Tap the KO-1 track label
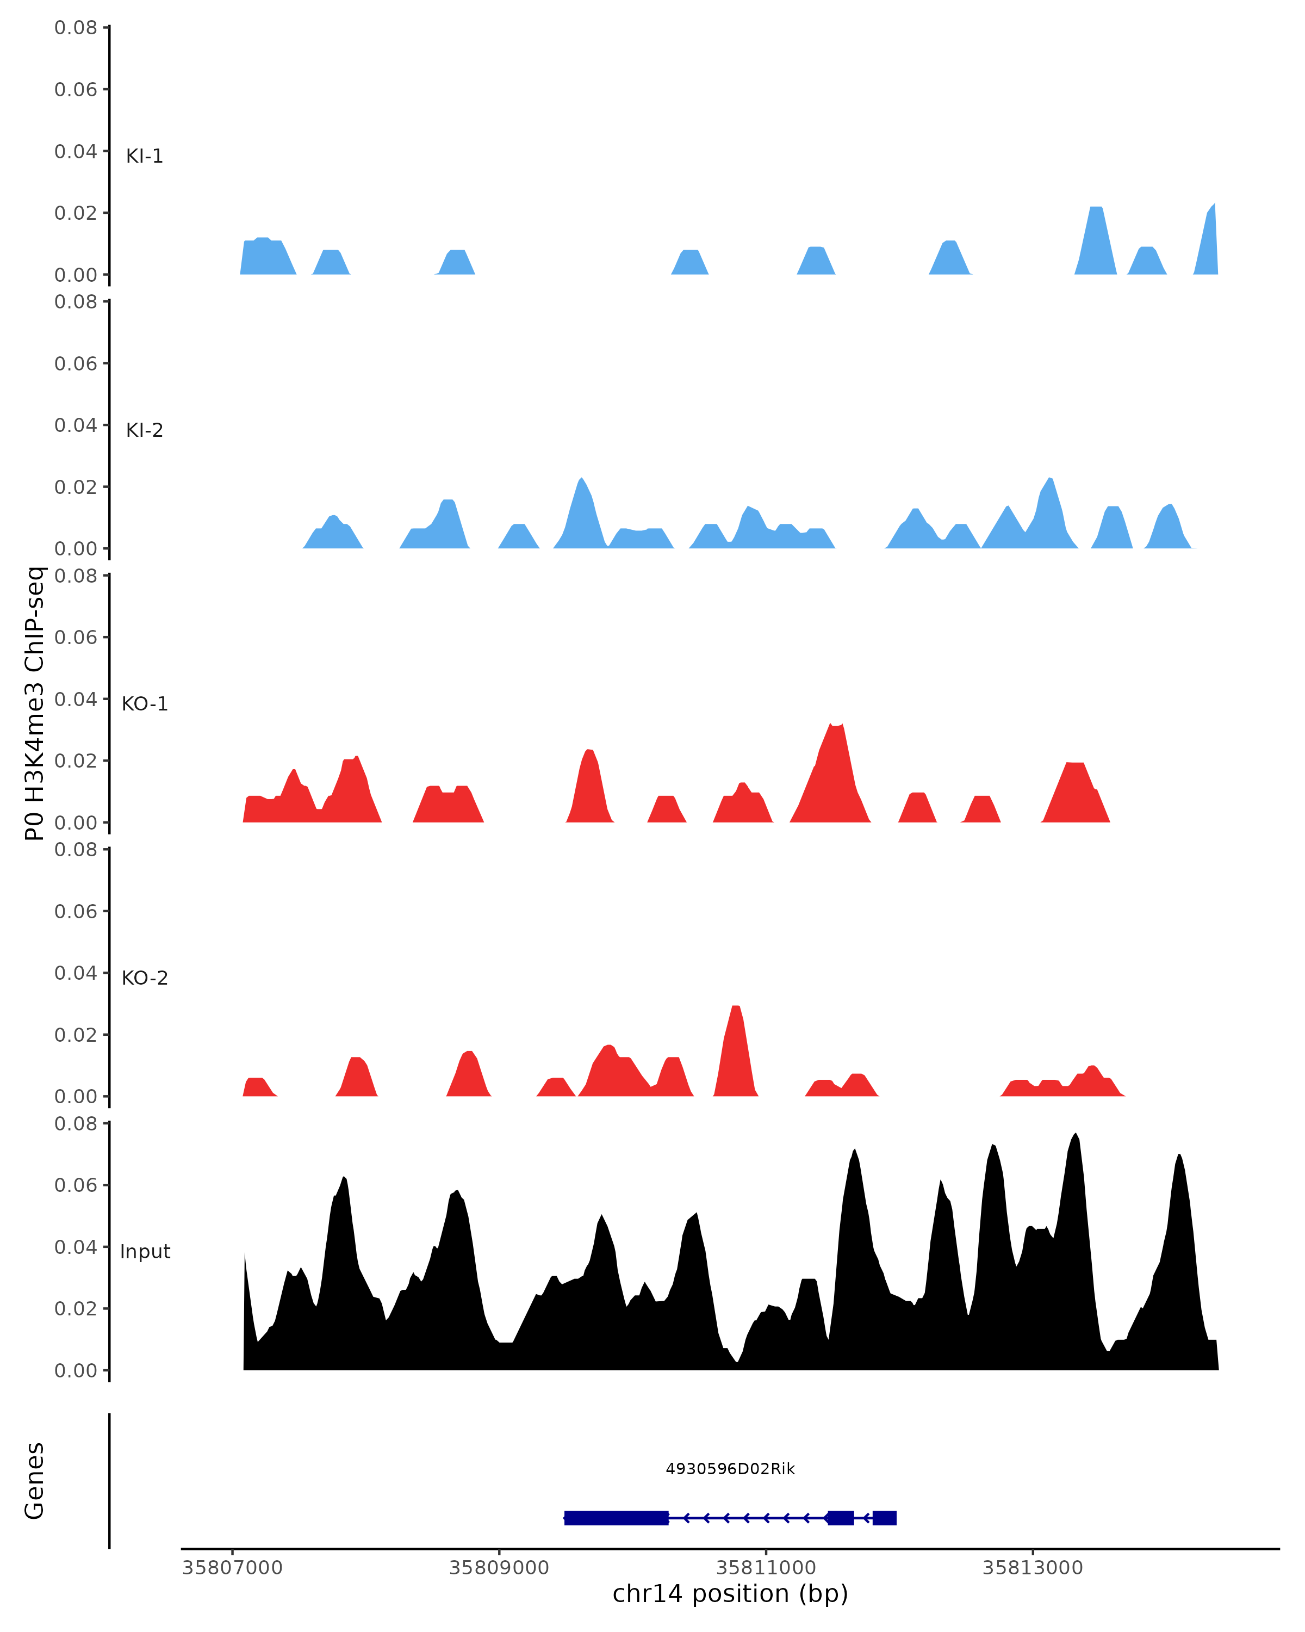point(145,704)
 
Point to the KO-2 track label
point(145,978)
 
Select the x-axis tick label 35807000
point(232,1568)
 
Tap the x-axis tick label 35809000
point(499,1568)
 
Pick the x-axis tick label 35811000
point(766,1568)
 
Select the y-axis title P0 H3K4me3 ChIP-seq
point(35,703)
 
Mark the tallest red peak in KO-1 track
point(835,731)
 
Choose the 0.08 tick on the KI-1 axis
point(76,28)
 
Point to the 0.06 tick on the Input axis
point(76,1185)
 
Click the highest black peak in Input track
point(1075,1137)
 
